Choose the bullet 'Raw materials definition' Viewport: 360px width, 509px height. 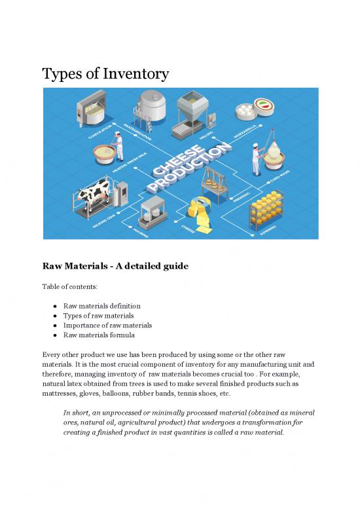(101, 306)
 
